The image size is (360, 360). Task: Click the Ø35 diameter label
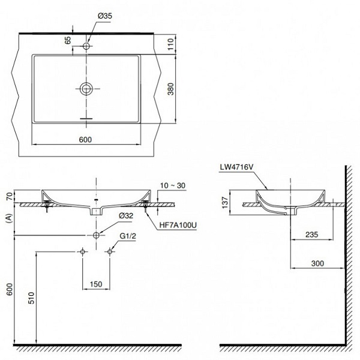point(104,16)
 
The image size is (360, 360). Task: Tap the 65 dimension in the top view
point(68,40)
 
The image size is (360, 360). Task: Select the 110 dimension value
point(170,44)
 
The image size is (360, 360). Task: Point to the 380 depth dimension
point(170,89)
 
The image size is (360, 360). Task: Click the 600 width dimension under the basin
point(85,140)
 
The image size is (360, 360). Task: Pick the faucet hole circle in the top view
point(86,46)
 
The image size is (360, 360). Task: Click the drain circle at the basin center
point(86,88)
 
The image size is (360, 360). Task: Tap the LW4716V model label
point(237,167)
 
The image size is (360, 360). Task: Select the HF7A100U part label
point(178,225)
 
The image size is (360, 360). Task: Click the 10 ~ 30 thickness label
point(173,185)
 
